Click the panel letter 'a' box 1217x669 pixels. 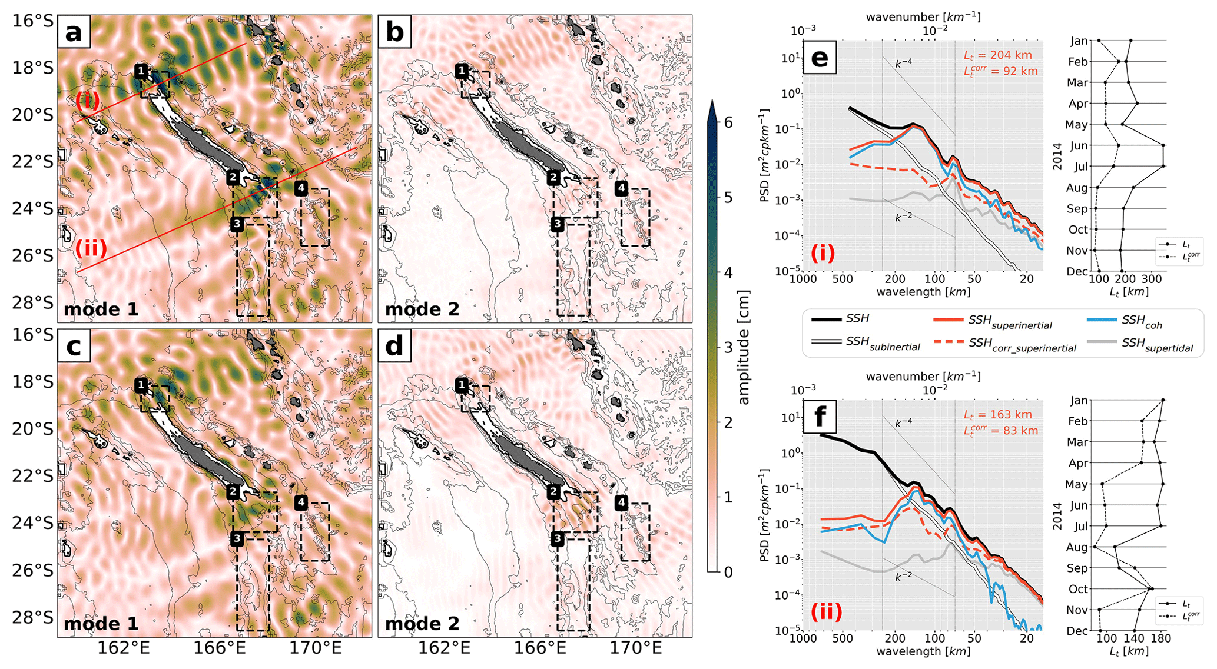[x=74, y=32]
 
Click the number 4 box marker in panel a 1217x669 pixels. [x=301, y=188]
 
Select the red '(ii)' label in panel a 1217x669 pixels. [x=91, y=248]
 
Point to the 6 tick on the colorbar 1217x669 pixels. [x=728, y=122]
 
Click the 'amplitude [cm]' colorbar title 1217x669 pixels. [x=744, y=347]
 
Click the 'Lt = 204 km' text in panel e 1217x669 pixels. [x=997, y=55]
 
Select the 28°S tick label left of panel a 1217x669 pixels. [x=32, y=302]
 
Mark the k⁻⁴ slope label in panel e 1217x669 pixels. [x=904, y=63]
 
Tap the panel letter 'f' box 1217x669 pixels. [x=820, y=417]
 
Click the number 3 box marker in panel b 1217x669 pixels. [x=557, y=224]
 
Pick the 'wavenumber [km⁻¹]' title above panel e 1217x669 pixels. [x=923, y=16]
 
